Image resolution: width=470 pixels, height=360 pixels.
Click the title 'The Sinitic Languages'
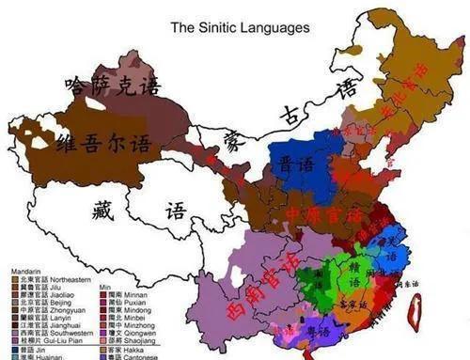point(239,27)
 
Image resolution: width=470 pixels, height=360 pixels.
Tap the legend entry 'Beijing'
point(48,301)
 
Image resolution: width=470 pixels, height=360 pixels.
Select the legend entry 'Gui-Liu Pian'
point(51,339)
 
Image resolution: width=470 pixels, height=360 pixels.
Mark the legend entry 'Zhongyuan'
point(52,308)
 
